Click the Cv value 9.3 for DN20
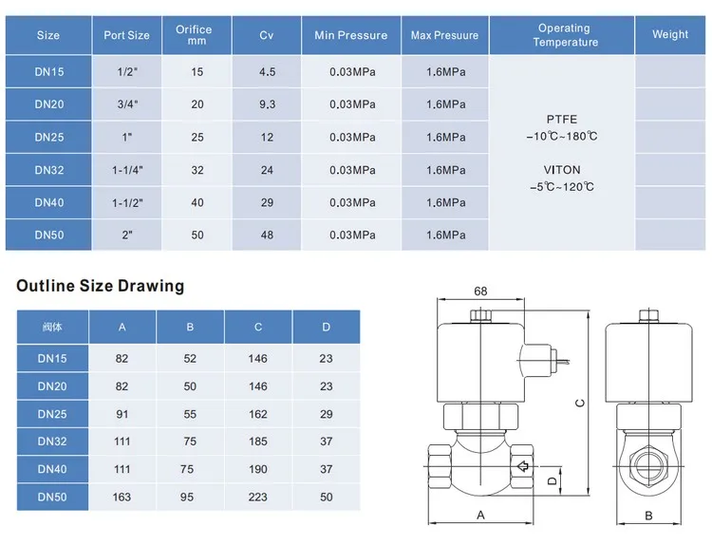267,104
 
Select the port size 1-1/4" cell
127,170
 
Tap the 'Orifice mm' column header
194,35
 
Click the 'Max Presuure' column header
444,35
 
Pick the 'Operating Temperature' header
565,35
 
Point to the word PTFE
562,120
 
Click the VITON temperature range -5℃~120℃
562,187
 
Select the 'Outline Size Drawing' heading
101,286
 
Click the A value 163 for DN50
122,497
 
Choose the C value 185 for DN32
258,441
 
